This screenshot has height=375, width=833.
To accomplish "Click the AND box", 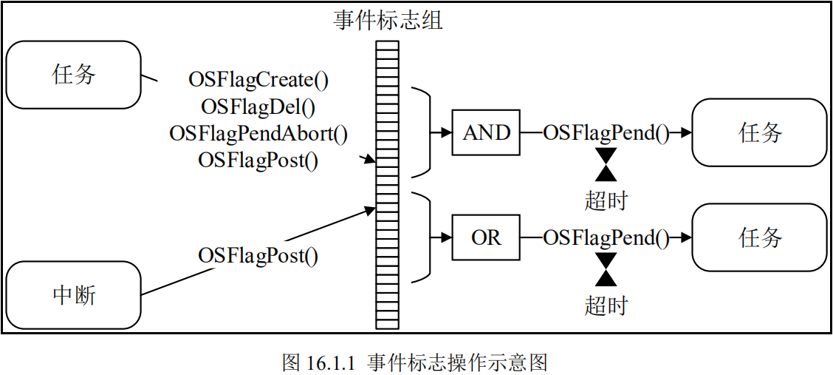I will point(486,133).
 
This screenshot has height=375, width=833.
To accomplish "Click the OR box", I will point(486,237).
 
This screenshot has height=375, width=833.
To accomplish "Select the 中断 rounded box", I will point(74,294).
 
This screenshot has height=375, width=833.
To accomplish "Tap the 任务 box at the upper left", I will point(74,74).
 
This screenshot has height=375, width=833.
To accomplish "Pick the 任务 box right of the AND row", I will point(759,133).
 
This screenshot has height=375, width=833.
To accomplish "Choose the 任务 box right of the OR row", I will point(759,237).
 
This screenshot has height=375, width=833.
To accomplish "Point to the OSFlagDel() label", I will point(258,107).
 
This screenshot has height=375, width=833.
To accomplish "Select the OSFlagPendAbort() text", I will point(258,133).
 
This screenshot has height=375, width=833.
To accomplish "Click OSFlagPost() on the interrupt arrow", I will point(258,256).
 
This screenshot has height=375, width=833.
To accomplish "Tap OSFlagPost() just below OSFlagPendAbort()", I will point(258,160).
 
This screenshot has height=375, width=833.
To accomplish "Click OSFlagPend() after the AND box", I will point(606,133).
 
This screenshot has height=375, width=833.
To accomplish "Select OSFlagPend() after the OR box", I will point(606,237).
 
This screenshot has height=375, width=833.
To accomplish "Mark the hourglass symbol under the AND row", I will point(606,164).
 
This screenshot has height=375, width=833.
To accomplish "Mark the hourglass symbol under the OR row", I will point(606,269).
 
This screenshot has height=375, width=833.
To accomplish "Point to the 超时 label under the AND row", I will point(606,200).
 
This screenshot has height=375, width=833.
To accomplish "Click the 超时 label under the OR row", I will point(606,305).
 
